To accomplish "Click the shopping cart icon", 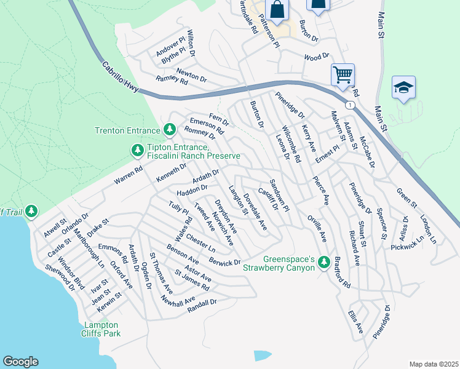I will click(343, 75).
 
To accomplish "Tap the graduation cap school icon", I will click(403, 88).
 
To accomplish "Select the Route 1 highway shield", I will click(349, 105).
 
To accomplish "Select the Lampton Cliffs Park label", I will click(102, 329).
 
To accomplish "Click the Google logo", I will click(20, 362).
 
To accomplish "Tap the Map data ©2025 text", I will click(433, 364).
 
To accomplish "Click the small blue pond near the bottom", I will click(262, 355).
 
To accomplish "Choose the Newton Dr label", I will click(191, 75).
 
